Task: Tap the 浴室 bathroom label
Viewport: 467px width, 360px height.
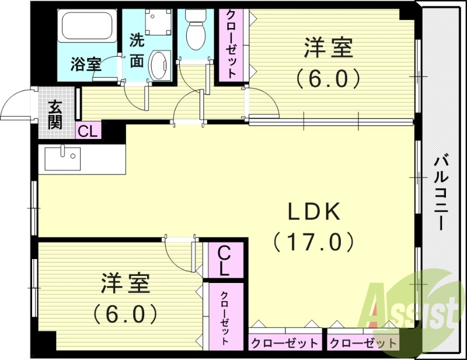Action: tap(86, 64)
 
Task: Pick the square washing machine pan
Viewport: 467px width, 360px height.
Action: tap(156, 21)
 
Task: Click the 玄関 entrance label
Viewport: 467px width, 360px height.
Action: tap(56, 114)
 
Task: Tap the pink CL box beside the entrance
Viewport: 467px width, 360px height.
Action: tap(88, 130)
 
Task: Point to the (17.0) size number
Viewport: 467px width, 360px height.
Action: tap(313, 241)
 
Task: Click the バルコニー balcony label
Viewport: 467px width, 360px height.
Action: tap(442, 193)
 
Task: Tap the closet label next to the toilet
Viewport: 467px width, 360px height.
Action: tap(231, 44)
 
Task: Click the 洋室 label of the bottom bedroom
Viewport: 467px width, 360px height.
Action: tap(126, 284)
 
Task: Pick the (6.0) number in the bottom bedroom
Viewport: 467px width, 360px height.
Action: tap(126, 314)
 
